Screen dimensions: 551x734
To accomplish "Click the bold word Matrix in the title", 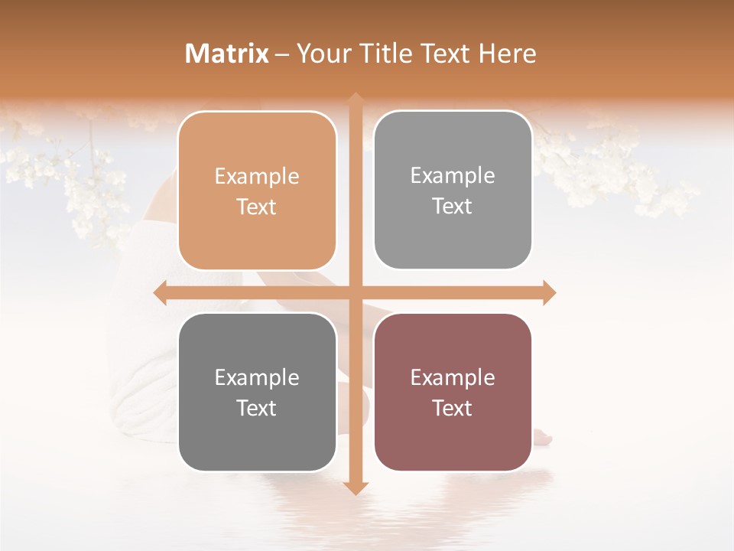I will click(227, 54).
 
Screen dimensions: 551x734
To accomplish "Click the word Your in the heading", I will click(321, 54).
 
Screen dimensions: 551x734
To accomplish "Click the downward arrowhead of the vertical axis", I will click(355, 488).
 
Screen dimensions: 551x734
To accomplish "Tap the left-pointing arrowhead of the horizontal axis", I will click(161, 292).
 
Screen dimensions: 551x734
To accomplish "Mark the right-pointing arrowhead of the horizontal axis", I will click(549, 292).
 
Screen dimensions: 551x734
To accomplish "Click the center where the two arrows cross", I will click(355, 292).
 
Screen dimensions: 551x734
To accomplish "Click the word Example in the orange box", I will click(257, 177).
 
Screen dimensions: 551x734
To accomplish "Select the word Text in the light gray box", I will click(453, 207).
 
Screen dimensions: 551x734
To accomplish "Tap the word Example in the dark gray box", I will click(257, 377).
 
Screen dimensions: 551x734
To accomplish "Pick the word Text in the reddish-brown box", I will click(453, 408).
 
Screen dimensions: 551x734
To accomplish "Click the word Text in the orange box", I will click(257, 207).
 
